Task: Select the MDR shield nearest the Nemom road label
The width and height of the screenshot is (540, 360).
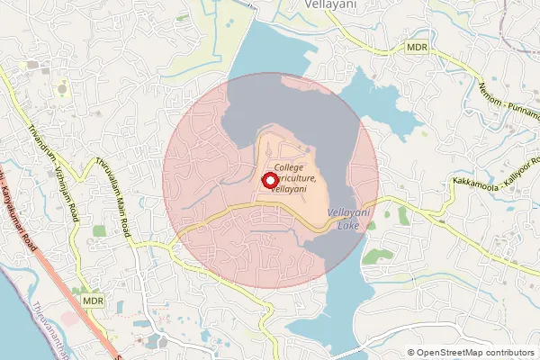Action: point(416,46)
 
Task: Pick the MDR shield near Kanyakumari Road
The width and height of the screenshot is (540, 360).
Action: point(90,300)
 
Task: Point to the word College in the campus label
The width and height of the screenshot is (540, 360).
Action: point(290,168)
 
